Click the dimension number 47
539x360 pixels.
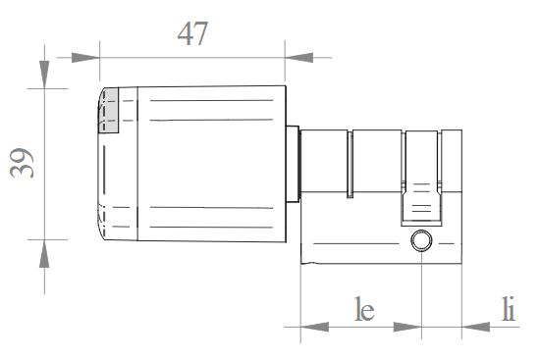192,33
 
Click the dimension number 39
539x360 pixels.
22,163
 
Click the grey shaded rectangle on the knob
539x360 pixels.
109,110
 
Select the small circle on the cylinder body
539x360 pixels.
421,240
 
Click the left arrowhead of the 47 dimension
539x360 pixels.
85,58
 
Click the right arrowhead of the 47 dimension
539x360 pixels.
299,58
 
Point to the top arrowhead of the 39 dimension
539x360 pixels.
44,75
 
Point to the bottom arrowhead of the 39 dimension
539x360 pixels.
44,253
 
